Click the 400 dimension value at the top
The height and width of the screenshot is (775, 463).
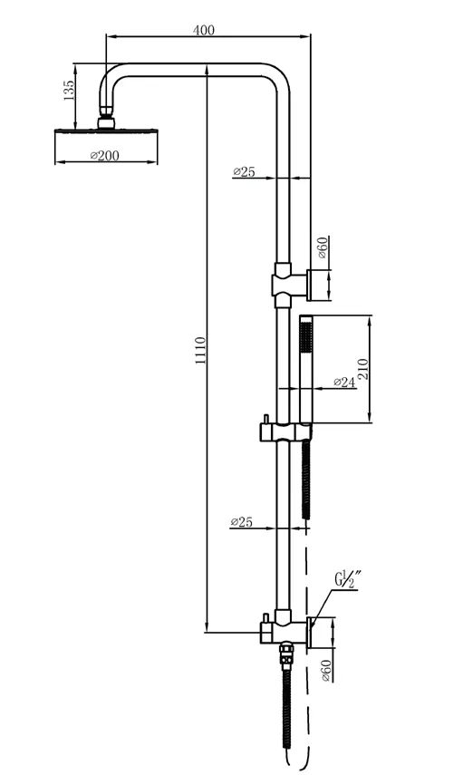pos(204,30)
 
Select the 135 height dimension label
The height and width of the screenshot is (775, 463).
pos(69,91)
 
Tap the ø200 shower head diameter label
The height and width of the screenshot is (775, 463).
pos(105,155)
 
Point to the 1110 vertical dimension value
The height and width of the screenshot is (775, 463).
pos(200,351)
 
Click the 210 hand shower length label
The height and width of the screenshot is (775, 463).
pos(363,369)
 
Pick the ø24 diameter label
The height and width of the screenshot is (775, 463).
pos(344,382)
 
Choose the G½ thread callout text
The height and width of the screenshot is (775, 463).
pos(348,579)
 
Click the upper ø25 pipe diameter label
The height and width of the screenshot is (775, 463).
pos(244,171)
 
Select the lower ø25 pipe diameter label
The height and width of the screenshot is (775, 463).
pos(242,521)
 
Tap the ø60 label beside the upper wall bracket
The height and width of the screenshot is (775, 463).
pos(323,247)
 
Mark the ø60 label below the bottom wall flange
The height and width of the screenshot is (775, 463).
pos(326,671)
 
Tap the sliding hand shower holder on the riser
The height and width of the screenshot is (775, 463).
pos(286,432)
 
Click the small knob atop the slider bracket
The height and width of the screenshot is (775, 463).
pos(265,419)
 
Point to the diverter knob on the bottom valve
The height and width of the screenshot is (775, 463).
pos(265,618)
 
